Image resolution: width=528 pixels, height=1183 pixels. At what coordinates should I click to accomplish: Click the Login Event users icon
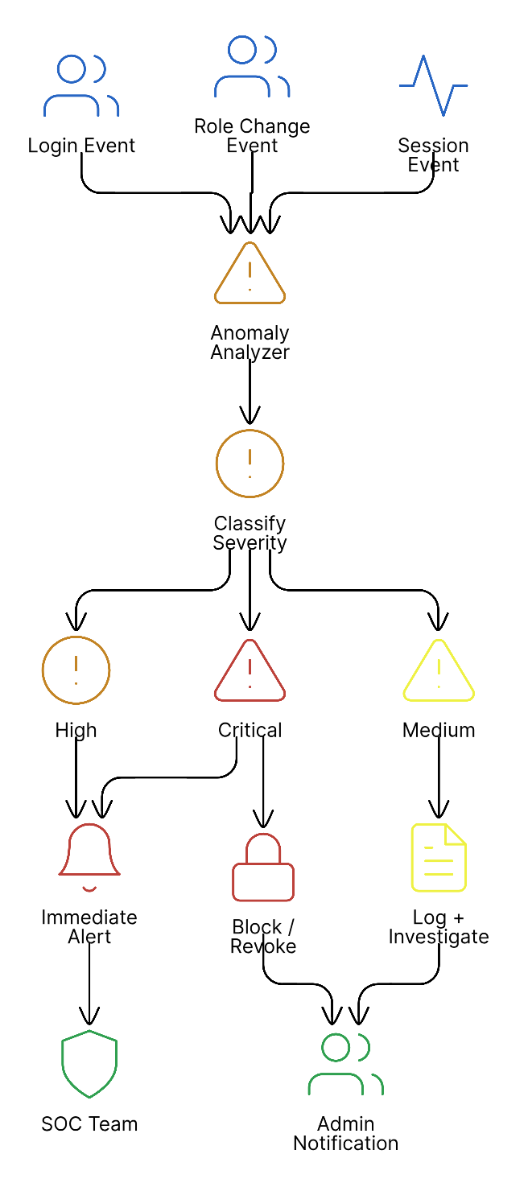81,85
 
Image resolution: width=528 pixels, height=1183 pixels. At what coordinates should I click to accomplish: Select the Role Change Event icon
252,66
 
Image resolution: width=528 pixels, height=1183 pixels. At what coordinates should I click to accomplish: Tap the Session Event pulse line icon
433,85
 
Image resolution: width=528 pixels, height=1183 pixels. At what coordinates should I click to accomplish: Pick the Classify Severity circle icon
250,464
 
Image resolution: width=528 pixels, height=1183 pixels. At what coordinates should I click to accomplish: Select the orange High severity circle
76,670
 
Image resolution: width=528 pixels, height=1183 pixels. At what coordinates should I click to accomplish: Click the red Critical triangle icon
250,671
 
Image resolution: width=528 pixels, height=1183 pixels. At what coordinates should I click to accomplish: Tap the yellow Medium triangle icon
439,671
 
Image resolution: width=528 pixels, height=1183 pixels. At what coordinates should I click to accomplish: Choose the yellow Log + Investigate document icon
439,858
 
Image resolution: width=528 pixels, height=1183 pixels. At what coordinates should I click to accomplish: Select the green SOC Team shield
89,1064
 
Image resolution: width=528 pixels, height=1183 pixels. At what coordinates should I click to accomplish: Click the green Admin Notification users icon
346,1064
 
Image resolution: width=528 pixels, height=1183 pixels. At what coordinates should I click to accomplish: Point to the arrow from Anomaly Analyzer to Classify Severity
250,390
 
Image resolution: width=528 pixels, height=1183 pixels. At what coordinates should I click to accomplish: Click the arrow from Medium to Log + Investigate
439,777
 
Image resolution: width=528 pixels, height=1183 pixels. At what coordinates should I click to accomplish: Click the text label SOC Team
89,1124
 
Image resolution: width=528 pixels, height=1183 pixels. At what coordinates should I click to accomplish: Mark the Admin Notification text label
346,1134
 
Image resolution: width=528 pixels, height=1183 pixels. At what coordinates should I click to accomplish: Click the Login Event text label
81,146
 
